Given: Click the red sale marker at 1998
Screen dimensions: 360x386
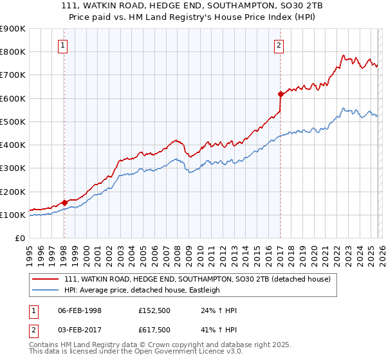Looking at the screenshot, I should tap(64, 203).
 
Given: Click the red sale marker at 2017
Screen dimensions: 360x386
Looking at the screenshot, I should tap(280, 94).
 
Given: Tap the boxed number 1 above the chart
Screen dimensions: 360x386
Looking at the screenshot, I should tap(64, 45).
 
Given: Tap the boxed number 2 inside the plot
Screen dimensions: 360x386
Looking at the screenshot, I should tap(279, 45).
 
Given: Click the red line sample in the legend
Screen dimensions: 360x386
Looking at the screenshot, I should tap(46, 279).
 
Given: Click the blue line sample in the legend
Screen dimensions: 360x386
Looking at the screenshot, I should tap(46, 290).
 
